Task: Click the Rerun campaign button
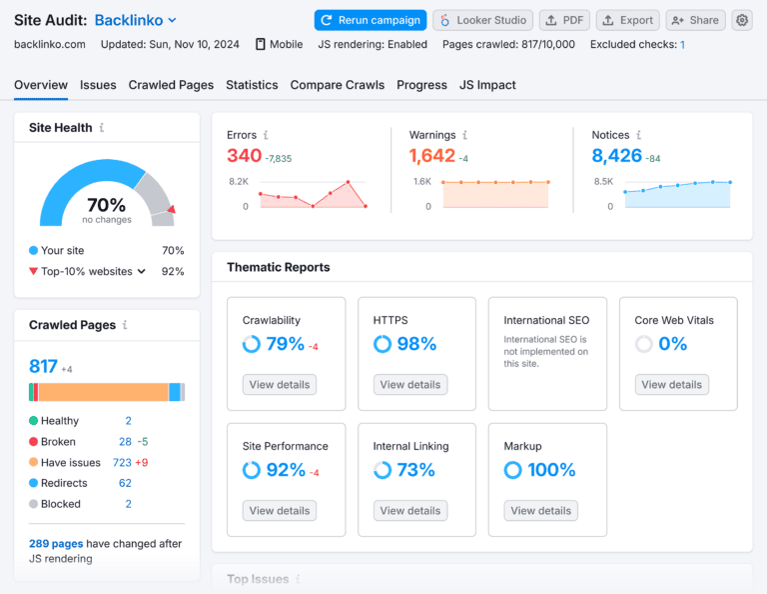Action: pyautogui.click(x=370, y=20)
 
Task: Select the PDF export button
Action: pyautogui.click(x=564, y=20)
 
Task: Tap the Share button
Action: pyautogui.click(x=695, y=20)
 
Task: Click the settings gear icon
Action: pyautogui.click(x=741, y=20)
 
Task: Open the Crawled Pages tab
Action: pyautogui.click(x=171, y=85)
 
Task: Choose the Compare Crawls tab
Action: pyautogui.click(x=337, y=85)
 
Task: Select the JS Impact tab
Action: pyautogui.click(x=487, y=85)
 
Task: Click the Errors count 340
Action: pyautogui.click(x=244, y=156)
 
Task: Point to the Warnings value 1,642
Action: pyautogui.click(x=432, y=156)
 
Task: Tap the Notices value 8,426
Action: pyautogui.click(x=616, y=156)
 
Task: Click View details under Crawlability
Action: pyautogui.click(x=280, y=384)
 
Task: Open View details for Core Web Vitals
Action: pyautogui.click(x=672, y=384)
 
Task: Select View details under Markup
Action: pyautogui.click(x=541, y=510)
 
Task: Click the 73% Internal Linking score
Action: pyautogui.click(x=415, y=470)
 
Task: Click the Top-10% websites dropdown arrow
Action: pyautogui.click(x=142, y=271)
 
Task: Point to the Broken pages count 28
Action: pyautogui.click(x=125, y=442)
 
